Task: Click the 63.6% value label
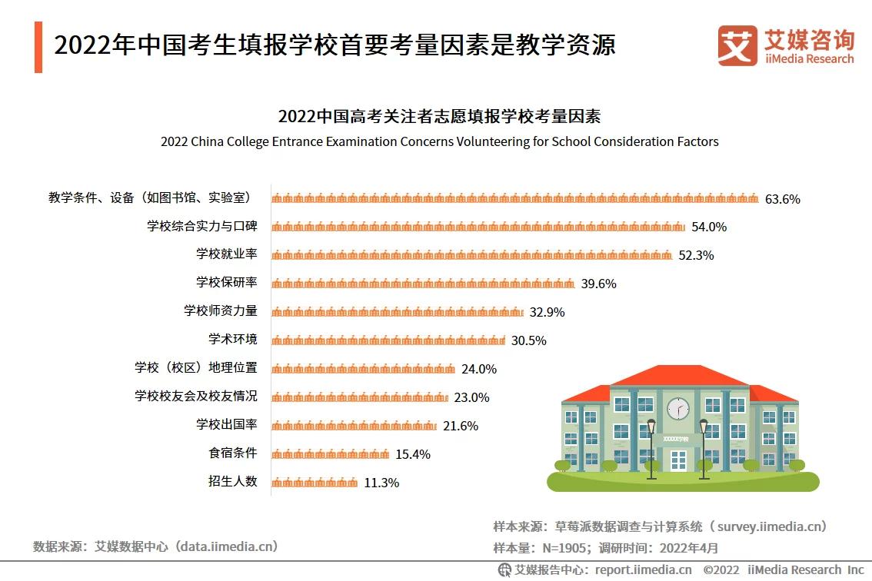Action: (782, 199)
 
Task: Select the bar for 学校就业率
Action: (472, 255)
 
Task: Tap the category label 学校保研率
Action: (226, 282)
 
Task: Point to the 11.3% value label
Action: (381, 483)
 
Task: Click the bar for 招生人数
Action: (315, 483)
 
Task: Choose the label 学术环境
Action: (232, 339)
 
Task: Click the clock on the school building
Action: (677, 407)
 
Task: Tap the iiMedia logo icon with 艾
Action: (737, 46)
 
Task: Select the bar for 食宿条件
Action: (331, 454)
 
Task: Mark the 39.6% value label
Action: (598, 284)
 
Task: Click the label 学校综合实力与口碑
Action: (201, 226)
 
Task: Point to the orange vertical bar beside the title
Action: (38, 48)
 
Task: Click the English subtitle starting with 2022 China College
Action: (439, 142)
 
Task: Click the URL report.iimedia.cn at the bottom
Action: (643, 569)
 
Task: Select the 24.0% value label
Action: (478, 369)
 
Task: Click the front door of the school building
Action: (677, 460)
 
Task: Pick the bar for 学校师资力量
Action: (398, 312)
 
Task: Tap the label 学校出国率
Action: (226, 424)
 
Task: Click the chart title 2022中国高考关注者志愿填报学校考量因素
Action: (439, 117)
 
